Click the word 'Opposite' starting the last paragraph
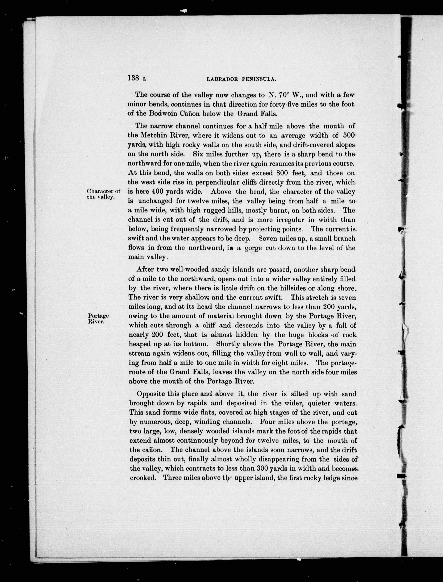(x=151, y=394)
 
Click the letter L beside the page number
(x=144, y=79)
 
